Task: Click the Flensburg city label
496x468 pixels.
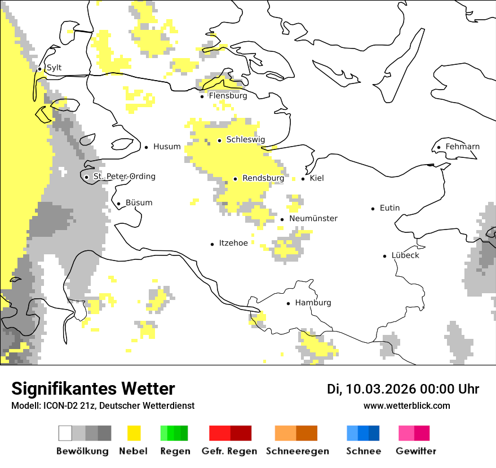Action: (228, 96)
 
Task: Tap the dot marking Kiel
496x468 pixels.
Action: (303, 179)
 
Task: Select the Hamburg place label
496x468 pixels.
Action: (313, 303)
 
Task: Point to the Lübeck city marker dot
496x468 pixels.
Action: (385, 256)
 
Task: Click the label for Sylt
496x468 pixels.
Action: (54, 68)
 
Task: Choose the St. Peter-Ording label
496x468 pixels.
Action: (124, 176)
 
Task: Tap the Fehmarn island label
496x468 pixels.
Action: (462, 147)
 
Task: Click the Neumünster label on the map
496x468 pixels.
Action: (313, 219)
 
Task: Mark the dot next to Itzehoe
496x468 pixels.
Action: (212, 244)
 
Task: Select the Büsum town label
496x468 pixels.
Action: (139, 203)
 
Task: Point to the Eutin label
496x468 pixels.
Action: (389, 208)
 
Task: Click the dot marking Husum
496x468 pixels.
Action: (146, 147)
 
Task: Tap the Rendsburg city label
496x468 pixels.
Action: (263, 178)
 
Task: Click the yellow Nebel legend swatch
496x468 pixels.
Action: (134, 433)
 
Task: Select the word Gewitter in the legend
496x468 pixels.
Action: (415, 451)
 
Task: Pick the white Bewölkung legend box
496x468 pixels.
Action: (65, 433)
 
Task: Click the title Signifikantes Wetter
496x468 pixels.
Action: (93, 389)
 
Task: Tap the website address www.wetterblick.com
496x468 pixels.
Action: (406, 406)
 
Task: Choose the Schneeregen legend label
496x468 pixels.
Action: (297, 451)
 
